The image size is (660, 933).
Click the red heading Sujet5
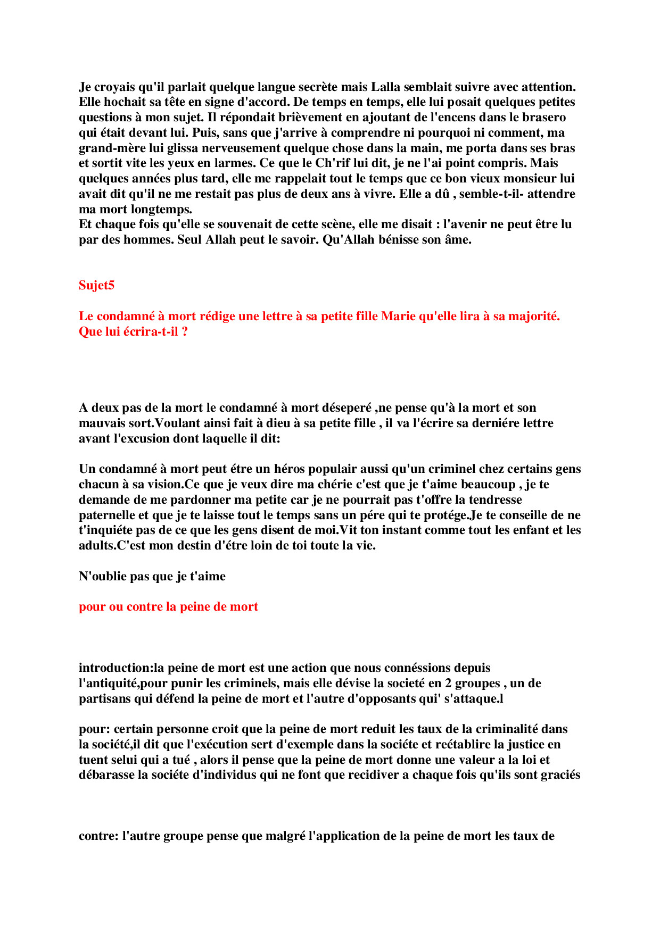point(96,286)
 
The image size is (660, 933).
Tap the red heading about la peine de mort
point(168,607)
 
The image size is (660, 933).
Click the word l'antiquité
point(109,684)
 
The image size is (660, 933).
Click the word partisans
point(105,699)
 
